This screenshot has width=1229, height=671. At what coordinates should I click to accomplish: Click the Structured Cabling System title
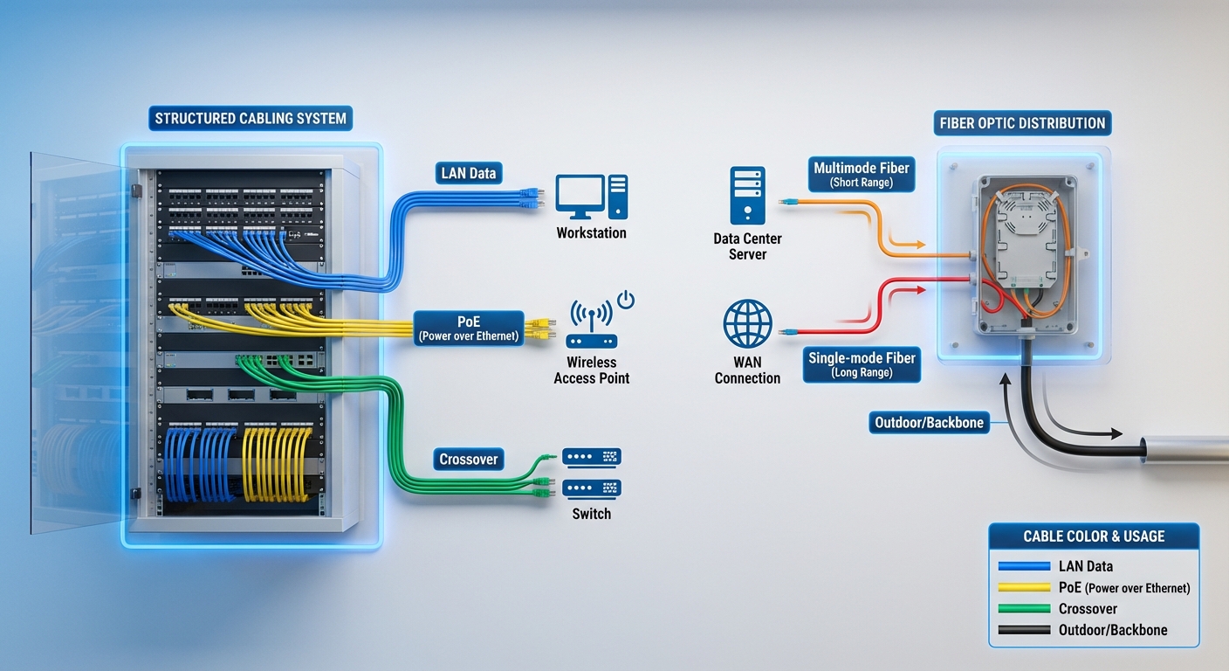[x=251, y=119]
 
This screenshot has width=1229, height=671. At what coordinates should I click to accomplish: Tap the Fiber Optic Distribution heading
[x=1022, y=123]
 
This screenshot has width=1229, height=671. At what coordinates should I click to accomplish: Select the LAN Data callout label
[x=469, y=173]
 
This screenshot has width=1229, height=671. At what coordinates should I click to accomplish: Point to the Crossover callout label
[x=469, y=460]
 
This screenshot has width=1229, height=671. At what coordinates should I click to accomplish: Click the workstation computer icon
[x=592, y=197]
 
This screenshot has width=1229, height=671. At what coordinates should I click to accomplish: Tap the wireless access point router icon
[x=591, y=328]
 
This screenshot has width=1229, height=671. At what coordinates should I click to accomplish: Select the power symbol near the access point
[x=626, y=301]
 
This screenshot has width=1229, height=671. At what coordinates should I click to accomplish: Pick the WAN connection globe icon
[x=747, y=324]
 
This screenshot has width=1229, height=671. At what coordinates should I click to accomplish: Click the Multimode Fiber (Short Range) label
[x=862, y=175]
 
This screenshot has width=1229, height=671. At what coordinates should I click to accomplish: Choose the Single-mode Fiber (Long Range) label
[x=862, y=364]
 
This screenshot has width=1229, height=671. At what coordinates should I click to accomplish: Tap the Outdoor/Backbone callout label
[x=929, y=423]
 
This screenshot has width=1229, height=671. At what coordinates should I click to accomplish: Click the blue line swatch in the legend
[x=1023, y=566]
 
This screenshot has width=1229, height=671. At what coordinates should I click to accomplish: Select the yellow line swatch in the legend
[x=1023, y=587]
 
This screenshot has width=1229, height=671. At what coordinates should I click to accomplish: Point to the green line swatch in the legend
[x=1023, y=608]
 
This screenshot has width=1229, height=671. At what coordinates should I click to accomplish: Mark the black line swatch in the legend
[x=1023, y=629]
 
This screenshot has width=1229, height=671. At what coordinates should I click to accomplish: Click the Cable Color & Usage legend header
[x=1094, y=536]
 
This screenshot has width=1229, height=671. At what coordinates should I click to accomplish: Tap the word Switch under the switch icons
[x=591, y=514]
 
